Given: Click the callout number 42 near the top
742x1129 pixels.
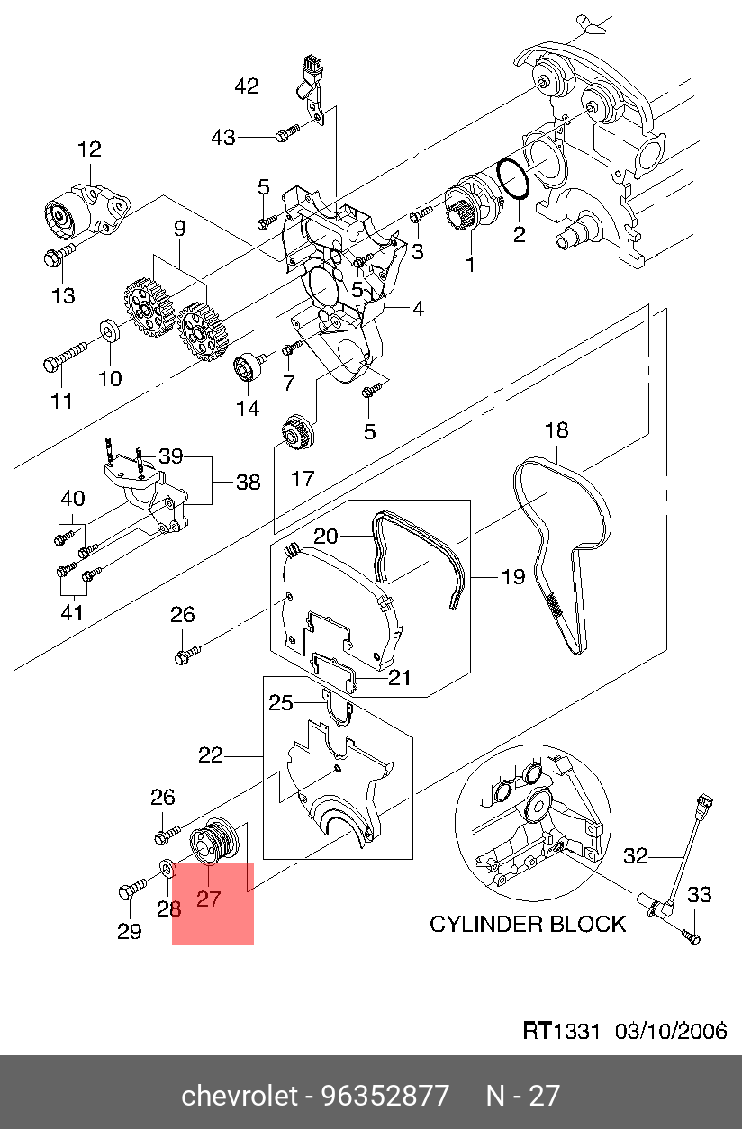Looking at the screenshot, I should (246, 86).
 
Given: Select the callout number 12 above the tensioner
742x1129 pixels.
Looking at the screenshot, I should (89, 149).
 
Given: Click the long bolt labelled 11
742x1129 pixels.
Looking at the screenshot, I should (63, 357).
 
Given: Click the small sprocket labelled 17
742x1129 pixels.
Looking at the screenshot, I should (296, 433).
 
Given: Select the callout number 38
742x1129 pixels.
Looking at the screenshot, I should (248, 482).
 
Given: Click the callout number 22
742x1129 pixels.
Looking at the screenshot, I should (210, 756).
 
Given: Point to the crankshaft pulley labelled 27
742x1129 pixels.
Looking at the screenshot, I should (217, 840).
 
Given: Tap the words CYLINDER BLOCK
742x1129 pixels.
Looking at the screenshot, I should (527, 924).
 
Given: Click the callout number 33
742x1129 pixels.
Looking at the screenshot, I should (700, 894).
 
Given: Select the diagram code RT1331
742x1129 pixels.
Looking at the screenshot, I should (561, 1031).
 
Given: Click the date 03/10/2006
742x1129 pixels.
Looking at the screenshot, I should (671, 1031).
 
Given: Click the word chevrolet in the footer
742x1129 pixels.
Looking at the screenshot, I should (240, 1096).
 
